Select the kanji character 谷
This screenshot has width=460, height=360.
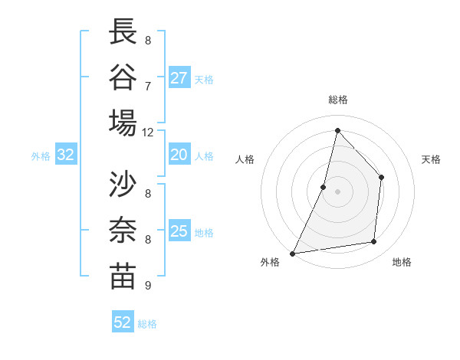coord(123,77)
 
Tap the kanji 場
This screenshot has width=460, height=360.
coord(123,123)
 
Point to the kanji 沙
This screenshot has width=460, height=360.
coord(123,185)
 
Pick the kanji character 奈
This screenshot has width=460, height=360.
coord(123,231)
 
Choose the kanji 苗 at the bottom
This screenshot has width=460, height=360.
coord(123,277)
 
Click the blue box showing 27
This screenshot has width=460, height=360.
coord(179,78)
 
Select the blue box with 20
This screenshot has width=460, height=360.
coord(179,155)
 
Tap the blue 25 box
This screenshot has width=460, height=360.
coord(179,231)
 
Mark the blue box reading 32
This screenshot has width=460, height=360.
coord(66,155)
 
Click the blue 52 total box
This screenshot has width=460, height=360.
coord(123,322)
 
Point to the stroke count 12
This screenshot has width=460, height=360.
coord(148,132)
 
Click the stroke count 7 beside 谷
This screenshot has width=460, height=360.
coord(148,85)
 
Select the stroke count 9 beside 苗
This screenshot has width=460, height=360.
coord(148,286)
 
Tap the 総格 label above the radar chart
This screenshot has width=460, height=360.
coord(337,100)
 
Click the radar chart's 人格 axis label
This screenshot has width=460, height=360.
coord(245,160)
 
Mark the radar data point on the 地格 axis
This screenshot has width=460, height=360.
coord(374,241)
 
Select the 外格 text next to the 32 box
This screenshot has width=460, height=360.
coord(41,156)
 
